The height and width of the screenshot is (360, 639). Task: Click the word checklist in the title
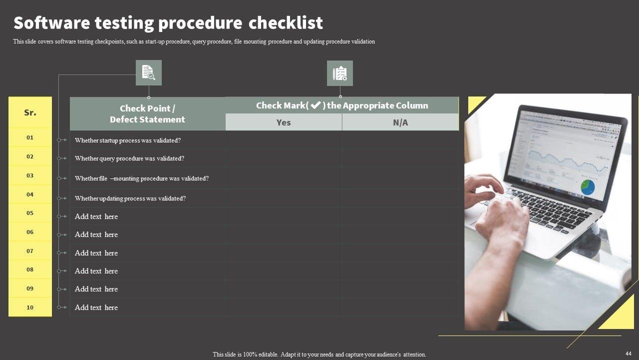tap(286, 22)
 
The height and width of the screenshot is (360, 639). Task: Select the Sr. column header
tap(30, 112)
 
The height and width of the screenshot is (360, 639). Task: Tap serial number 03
tap(30, 175)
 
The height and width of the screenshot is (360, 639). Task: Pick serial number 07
tap(30, 251)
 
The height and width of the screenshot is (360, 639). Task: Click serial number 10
tap(30, 307)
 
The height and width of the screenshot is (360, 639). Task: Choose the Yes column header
tap(284, 122)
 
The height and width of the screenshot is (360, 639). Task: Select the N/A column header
tap(400, 122)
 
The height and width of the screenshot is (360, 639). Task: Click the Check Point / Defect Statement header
tap(147, 113)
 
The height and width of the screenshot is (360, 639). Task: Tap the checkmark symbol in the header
tap(316, 105)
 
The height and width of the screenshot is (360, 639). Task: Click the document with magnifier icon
tap(149, 72)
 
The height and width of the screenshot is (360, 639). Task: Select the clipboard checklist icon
tap(340, 73)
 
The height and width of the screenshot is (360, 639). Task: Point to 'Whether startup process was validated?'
tap(128, 140)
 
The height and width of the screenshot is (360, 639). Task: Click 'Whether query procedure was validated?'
tap(129, 158)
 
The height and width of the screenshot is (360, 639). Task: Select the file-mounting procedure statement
tap(142, 178)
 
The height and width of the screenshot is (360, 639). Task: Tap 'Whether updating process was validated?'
tap(130, 198)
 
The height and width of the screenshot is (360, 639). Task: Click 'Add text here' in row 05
tap(96, 216)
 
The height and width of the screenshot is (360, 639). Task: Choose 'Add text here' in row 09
tap(96, 289)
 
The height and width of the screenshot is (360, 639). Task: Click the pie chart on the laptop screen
tap(588, 187)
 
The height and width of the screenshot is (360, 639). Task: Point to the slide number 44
tap(629, 353)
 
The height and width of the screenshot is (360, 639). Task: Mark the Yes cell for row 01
tap(284, 140)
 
